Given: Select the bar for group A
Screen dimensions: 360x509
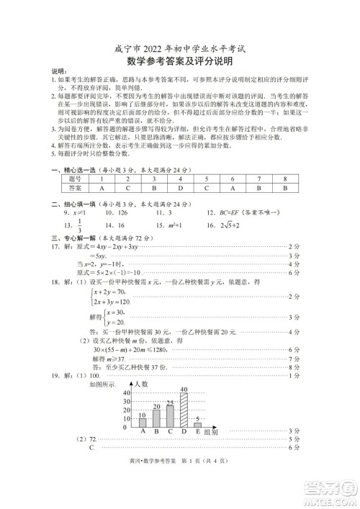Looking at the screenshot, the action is (x=142, y=423).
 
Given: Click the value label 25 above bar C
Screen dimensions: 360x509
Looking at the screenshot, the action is (x=169, y=402).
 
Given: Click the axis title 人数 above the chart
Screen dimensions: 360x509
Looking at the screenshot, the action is (x=141, y=386).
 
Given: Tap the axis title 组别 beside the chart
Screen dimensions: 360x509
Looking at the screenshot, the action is (x=214, y=432).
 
